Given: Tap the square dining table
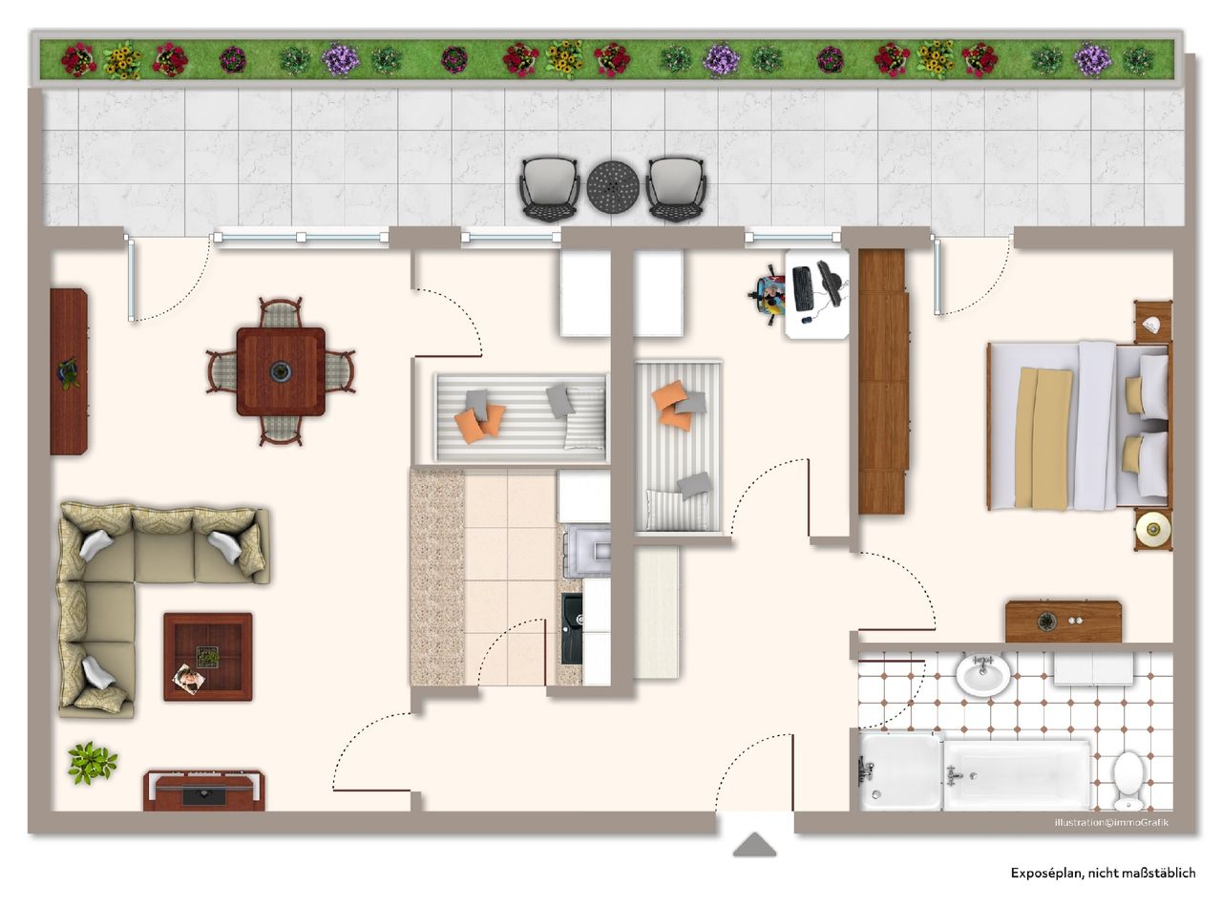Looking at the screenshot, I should (281, 371).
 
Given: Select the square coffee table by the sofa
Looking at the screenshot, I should (207, 657).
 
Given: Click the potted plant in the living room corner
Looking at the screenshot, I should (92, 763).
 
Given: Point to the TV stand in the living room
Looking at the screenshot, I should (204, 791).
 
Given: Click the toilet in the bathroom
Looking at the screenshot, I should (1129, 777).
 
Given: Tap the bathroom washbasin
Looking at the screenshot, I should (981, 675).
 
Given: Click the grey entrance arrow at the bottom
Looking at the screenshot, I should (754, 845).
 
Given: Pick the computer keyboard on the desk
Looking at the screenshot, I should (802, 287).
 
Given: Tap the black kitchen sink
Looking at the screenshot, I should (572, 628).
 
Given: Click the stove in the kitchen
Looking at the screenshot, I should (586, 552).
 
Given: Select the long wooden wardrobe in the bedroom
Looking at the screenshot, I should (882, 381).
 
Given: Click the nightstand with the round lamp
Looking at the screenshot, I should (1153, 528).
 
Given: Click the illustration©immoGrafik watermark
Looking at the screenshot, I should (1110, 822).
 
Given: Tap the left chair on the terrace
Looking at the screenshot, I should (549, 189).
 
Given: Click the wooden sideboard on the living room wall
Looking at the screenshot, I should (69, 372).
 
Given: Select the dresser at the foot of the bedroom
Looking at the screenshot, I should (1063, 622).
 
